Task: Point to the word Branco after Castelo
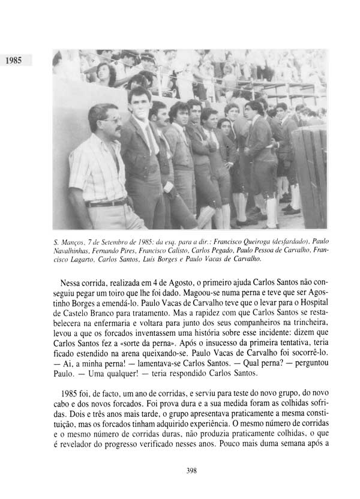(122, 318)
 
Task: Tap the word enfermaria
(136, 329)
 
